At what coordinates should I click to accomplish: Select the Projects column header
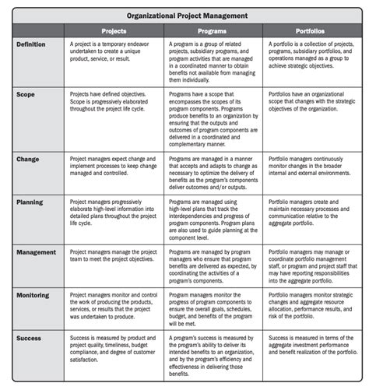114,31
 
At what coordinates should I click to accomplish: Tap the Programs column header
213,31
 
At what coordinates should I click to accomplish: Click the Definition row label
32,45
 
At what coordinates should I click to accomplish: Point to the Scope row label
26,92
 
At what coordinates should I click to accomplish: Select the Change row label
27,159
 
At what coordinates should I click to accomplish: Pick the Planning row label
30,202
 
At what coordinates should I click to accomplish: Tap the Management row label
36,252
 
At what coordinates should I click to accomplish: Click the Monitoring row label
34,296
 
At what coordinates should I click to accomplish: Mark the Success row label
29,339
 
